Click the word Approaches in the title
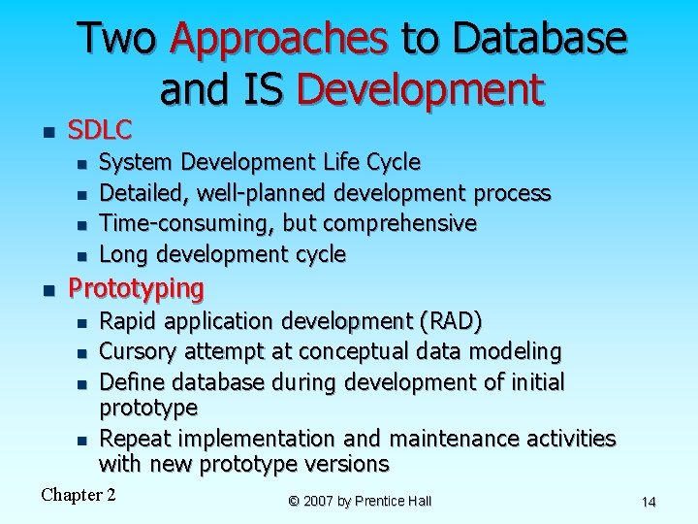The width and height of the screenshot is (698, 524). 279,39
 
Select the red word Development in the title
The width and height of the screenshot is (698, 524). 421,89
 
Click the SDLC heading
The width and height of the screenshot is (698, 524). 99,129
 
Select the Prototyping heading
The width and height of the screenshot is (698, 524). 136,288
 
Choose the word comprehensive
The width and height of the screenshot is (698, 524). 399,223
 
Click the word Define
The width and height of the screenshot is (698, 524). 133,381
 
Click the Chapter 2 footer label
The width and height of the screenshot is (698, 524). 79,495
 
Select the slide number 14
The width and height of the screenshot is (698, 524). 649,502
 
